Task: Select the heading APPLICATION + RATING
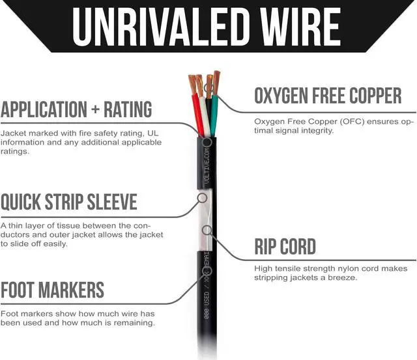click(76, 109)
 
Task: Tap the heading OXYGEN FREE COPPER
click(328, 96)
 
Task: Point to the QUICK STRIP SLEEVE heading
click(69, 201)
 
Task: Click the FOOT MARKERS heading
click(52, 289)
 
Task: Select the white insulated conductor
click(205, 117)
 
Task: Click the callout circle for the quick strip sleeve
click(202, 197)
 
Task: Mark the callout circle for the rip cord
click(207, 229)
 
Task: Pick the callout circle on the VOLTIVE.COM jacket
click(207, 142)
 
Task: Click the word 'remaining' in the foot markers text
click(135, 322)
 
